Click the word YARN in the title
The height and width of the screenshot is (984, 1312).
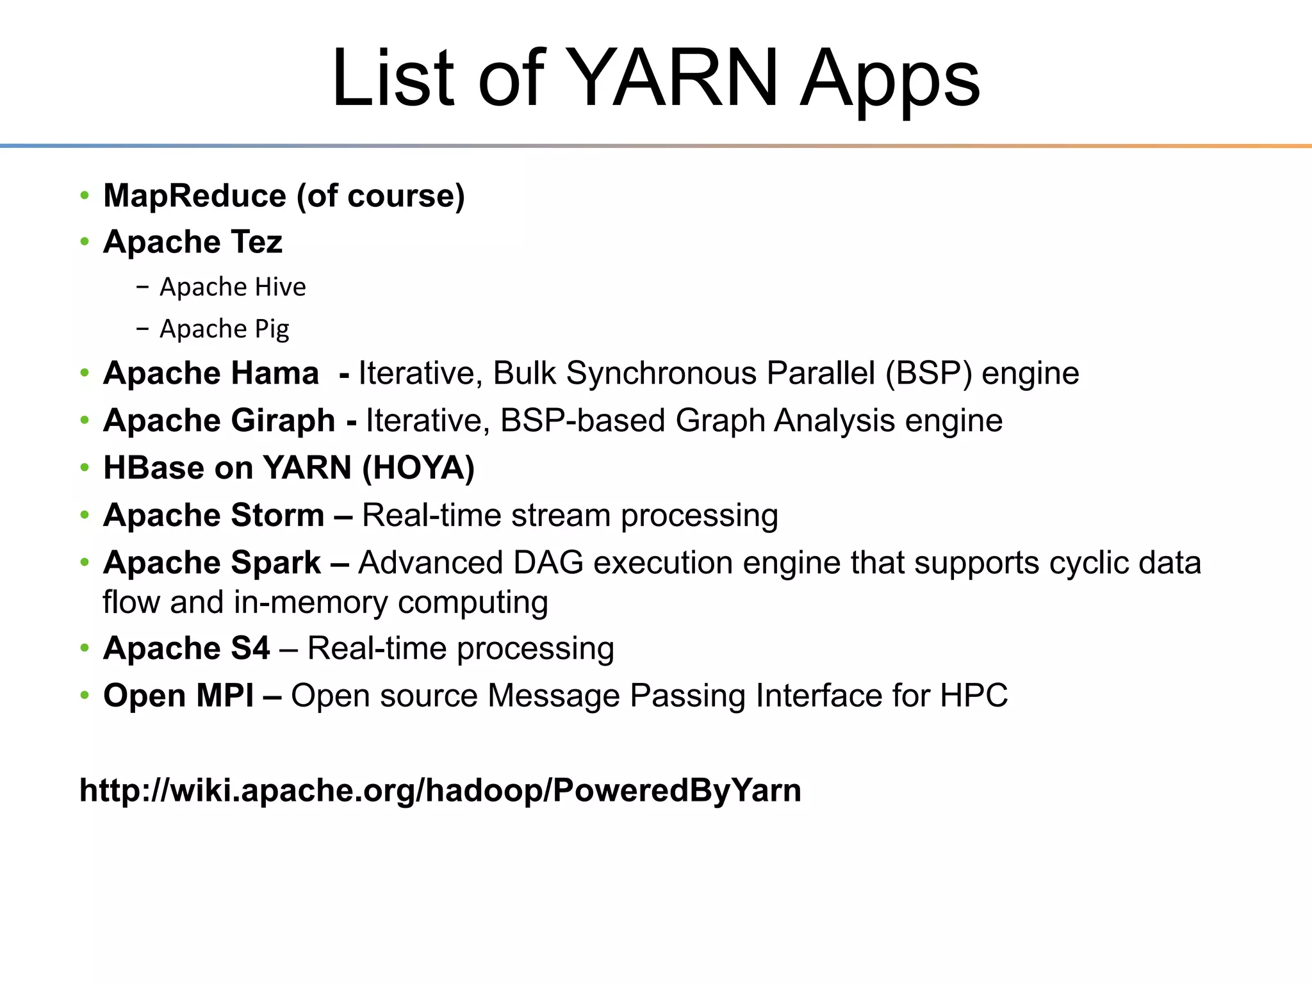673,78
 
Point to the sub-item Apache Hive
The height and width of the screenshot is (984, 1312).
233,287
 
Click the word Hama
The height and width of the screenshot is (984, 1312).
274,373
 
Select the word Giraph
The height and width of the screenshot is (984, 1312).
283,420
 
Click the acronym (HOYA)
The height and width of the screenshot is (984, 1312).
418,468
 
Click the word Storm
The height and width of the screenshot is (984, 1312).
277,515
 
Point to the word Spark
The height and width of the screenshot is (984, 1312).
275,562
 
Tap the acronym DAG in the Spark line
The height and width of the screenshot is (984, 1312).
548,562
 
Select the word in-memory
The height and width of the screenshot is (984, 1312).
311,602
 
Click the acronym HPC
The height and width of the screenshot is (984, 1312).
974,696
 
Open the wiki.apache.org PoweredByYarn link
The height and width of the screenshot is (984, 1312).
440,790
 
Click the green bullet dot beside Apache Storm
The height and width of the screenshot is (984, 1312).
85,515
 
